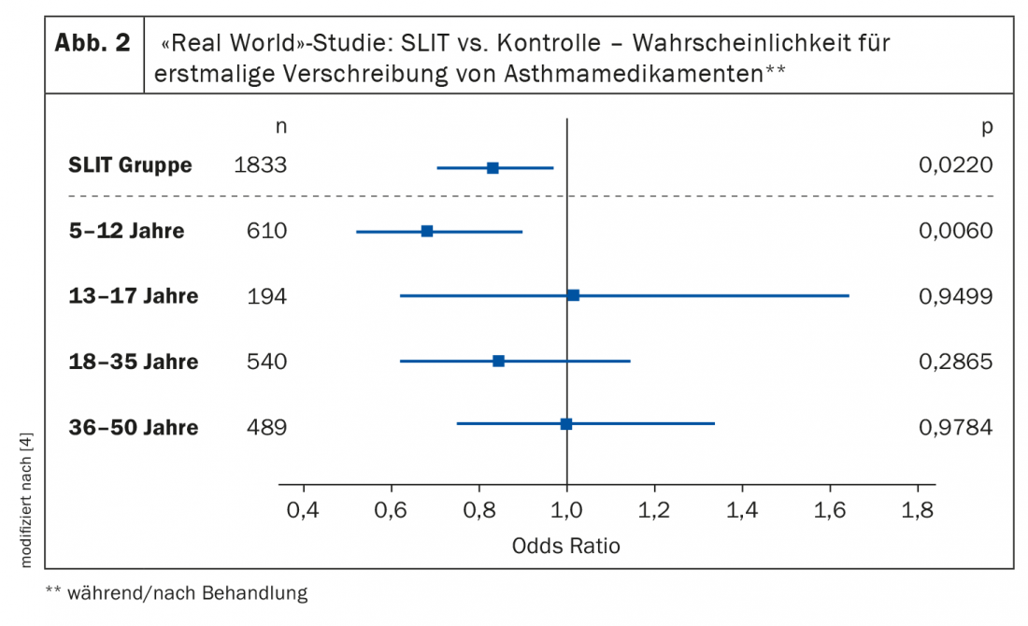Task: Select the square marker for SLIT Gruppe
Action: tap(493, 168)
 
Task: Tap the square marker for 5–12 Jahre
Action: tap(427, 231)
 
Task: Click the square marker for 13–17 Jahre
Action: tap(573, 295)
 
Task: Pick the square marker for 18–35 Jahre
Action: tap(498, 361)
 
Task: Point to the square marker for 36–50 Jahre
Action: tap(565, 424)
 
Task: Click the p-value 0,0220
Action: tap(954, 166)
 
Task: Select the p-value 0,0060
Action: tap(954, 231)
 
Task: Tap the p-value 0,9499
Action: tap(954, 296)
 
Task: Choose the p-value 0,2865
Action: tap(954, 362)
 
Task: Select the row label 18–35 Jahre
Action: tap(133, 362)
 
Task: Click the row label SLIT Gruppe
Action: tap(130, 166)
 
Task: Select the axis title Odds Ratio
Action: tap(565, 546)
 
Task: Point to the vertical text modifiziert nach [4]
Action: tap(25, 501)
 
